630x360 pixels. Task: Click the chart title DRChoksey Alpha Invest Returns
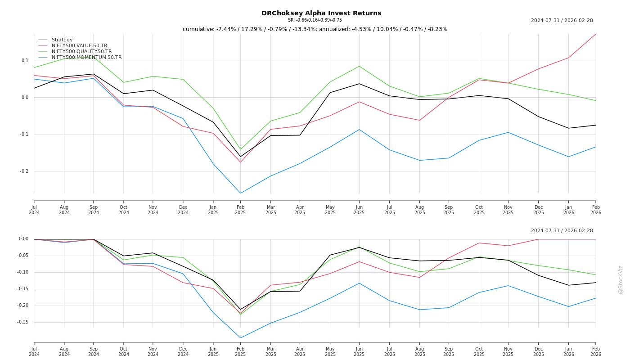[321, 13]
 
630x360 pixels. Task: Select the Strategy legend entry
[62, 40]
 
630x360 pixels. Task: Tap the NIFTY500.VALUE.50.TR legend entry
[79, 46]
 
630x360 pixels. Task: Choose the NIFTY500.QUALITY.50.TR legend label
[81, 52]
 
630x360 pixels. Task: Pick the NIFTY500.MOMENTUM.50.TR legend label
[86, 58]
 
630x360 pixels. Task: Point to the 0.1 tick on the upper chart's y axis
[25, 61]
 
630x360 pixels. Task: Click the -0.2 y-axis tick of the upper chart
[24, 171]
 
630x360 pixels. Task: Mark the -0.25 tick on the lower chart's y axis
[22, 322]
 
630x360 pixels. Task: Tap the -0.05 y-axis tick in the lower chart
[22, 256]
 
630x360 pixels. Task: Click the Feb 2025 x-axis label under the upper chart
[240, 210]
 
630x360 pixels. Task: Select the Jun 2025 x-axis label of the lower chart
[359, 351]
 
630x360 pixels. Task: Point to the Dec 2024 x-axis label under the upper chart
[183, 210]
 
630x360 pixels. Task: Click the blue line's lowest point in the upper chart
[240, 193]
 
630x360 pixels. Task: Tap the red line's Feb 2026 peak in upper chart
[595, 34]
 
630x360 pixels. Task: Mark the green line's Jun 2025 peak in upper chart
[359, 66]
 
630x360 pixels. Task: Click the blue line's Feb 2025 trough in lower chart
[240, 337]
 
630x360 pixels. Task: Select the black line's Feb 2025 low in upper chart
[240, 157]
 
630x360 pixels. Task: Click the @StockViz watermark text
[621, 279]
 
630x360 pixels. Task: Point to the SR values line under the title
[315, 20]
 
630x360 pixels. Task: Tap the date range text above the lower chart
[562, 231]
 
